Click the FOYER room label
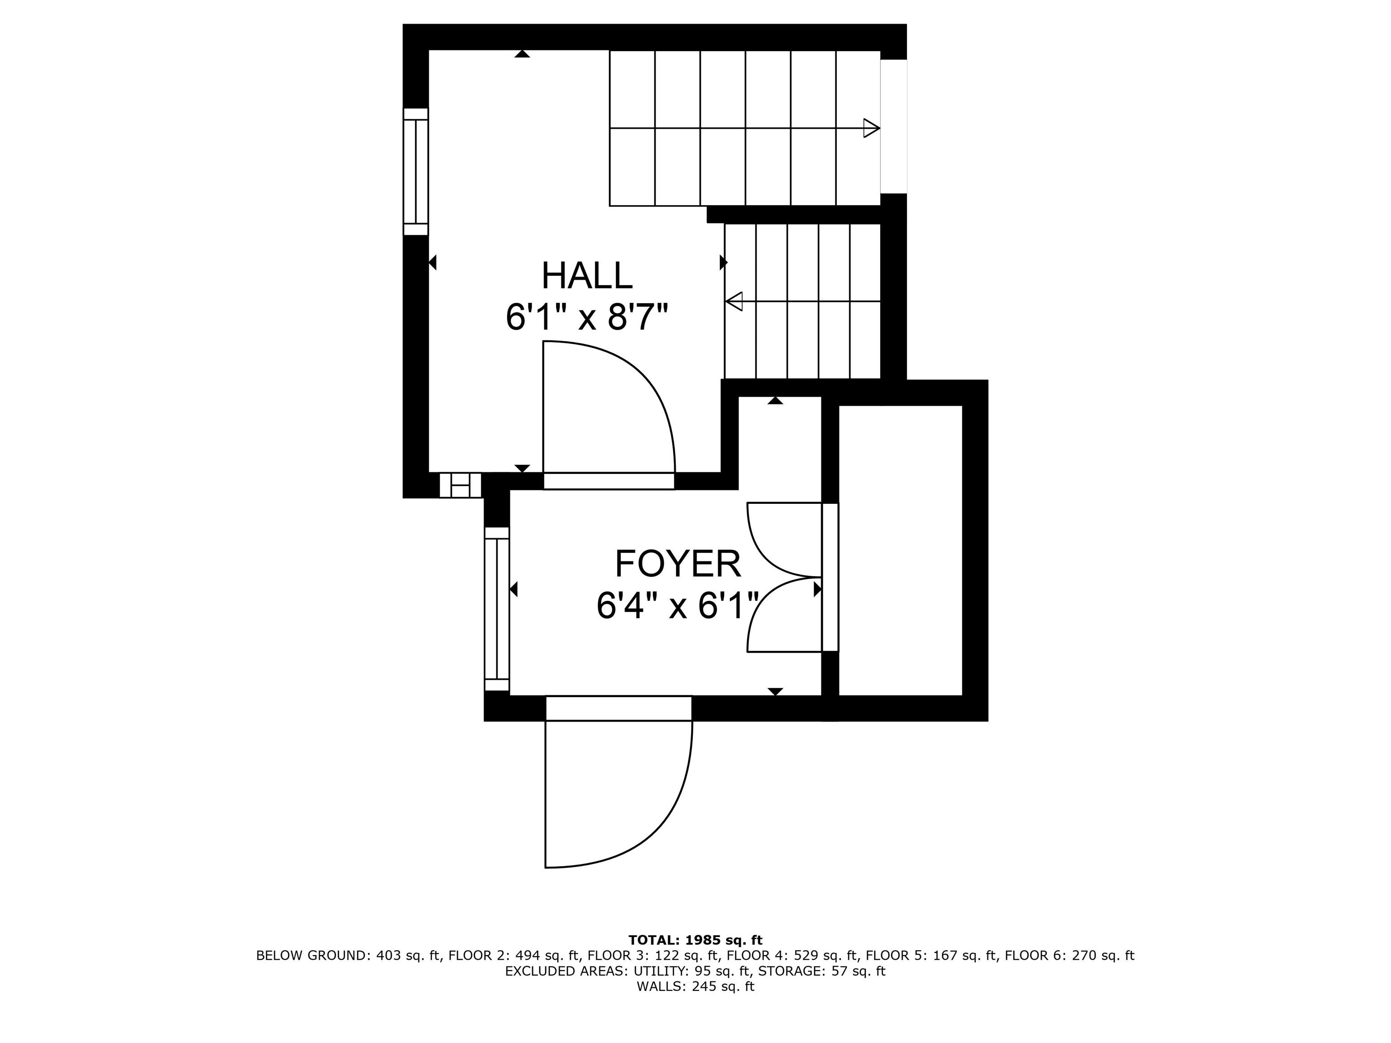click(677, 564)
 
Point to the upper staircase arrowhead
click(871, 128)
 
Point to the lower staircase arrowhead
click(734, 302)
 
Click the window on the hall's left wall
click(416, 172)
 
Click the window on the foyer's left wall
click(497, 608)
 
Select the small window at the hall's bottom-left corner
click(460, 485)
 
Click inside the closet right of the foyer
click(901, 550)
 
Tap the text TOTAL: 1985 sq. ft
click(695, 940)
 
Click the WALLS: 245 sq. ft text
click(695, 986)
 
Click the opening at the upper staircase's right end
click(893, 126)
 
